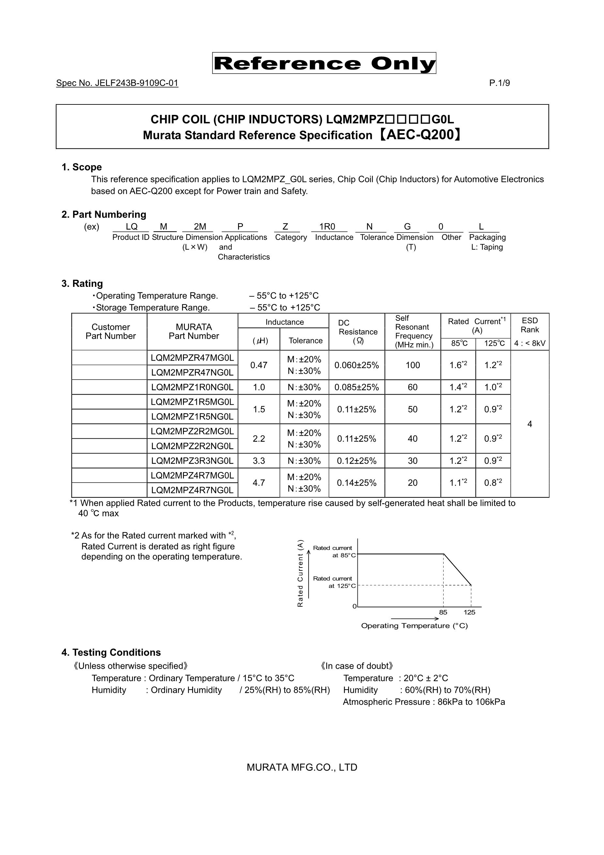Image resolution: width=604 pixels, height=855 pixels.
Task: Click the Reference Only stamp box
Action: coord(324,63)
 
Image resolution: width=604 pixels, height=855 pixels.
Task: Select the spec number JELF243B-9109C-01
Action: coord(117,83)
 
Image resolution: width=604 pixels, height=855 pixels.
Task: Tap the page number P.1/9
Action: coord(499,83)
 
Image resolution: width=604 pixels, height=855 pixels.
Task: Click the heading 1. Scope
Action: coord(82,167)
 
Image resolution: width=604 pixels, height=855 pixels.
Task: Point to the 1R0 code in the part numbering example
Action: coord(327,227)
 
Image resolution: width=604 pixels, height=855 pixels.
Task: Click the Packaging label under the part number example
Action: coord(487,237)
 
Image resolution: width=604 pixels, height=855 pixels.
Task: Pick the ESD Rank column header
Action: coord(530,325)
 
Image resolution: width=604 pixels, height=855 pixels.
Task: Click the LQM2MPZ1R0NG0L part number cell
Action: coord(192,387)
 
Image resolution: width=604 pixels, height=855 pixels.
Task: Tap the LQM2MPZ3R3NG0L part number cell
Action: coord(192,461)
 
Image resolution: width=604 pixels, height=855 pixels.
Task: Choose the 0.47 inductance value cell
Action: coord(259,365)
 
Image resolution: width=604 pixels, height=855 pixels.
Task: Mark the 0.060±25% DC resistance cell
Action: coord(356,365)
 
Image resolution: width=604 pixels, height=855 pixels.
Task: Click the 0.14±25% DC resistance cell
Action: coord(356,483)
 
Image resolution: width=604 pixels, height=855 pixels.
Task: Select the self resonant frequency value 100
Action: coord(413,365)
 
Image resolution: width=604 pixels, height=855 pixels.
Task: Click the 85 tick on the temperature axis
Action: coord(443,612)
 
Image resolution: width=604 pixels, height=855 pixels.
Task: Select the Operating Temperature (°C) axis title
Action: coord(414,626)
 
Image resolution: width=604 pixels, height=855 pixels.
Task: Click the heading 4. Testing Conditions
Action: coord(111,652)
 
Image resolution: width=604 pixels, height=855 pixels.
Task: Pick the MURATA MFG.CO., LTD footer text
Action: coord(302,767)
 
